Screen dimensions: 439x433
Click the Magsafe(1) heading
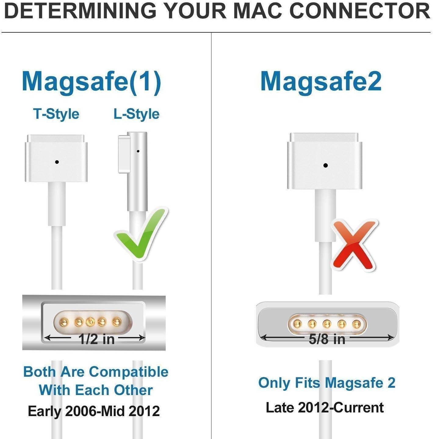pyautogui.click(x=91, y=82)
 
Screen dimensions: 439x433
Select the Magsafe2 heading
pyautogui.click(x=321, y=81)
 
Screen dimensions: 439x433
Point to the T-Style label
pyautogui.click(x=56, y=114)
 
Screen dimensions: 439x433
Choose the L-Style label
pyautogui.click(x=136, y=114)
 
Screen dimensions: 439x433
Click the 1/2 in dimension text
pyautogui.click(x=96, y=339)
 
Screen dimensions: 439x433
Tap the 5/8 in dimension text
pyautogui.click(x=327, y=339)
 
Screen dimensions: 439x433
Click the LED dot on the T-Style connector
pyautogui.click(x=57, y=162)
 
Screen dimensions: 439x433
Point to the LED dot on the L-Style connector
pyautogui.click(x=138, y=151)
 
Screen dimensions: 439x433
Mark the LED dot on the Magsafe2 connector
pyautogui.click(x=325, y=165)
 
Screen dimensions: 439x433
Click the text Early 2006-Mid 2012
pyautogui.click(x=94, y=411)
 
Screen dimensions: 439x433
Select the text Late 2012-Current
pyautogui.click(x=325, y=408)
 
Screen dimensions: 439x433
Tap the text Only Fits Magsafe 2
pyautogui.click(x=327, y=383)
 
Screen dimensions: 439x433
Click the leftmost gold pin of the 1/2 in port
pyautogui.click(x=64, y=321)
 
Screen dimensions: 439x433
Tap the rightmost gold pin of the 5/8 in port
pyautogui.click(x=356, y=324)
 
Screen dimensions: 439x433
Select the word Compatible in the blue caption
pyautogui.click(x=128, y=372)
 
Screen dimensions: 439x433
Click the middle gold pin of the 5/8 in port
pyautogui.click(x=327, y=324)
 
